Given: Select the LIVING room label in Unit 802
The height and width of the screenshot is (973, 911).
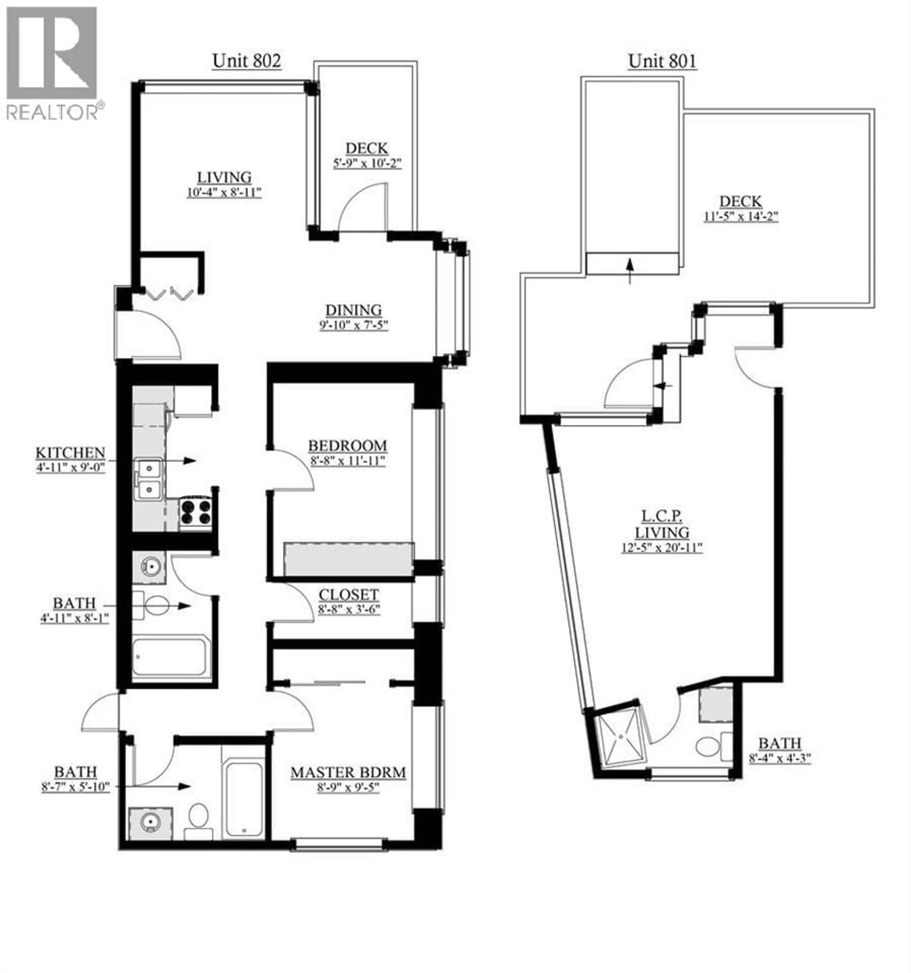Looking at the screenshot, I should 224,177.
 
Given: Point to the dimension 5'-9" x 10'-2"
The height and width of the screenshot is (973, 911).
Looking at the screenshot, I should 367,163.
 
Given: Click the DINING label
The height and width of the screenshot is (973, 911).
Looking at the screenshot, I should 353,310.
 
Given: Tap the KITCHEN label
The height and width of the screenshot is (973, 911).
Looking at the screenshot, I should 70,453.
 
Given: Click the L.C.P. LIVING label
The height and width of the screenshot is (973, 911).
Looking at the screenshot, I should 662,524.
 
